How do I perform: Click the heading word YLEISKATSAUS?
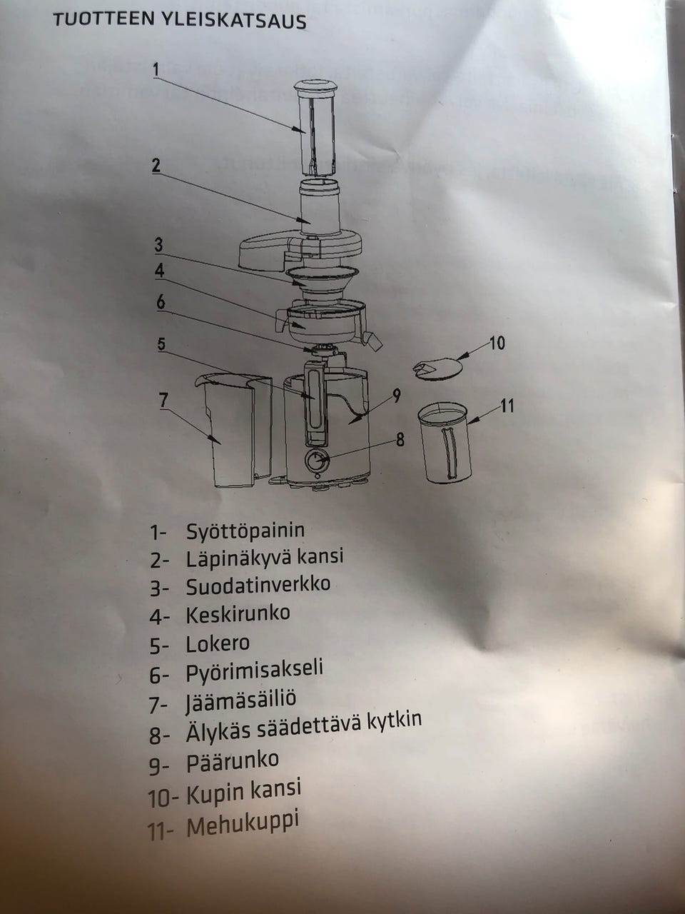[243, 21]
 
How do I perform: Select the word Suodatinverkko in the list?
[258, 586]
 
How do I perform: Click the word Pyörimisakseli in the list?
[254, 671]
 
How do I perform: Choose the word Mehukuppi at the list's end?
[242, 824]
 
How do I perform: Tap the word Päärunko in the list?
[232, 761]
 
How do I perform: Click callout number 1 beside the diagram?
[156, 69]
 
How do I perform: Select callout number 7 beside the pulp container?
[164, 400]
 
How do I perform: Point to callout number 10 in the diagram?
[497, 343]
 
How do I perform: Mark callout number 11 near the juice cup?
[507, 406]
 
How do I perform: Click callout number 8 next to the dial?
[400, 439]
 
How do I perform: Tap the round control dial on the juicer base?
[316, 461]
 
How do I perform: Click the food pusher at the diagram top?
[316, 129]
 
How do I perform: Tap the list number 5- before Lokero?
[158, 646]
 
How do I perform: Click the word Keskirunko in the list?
[238, 614]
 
